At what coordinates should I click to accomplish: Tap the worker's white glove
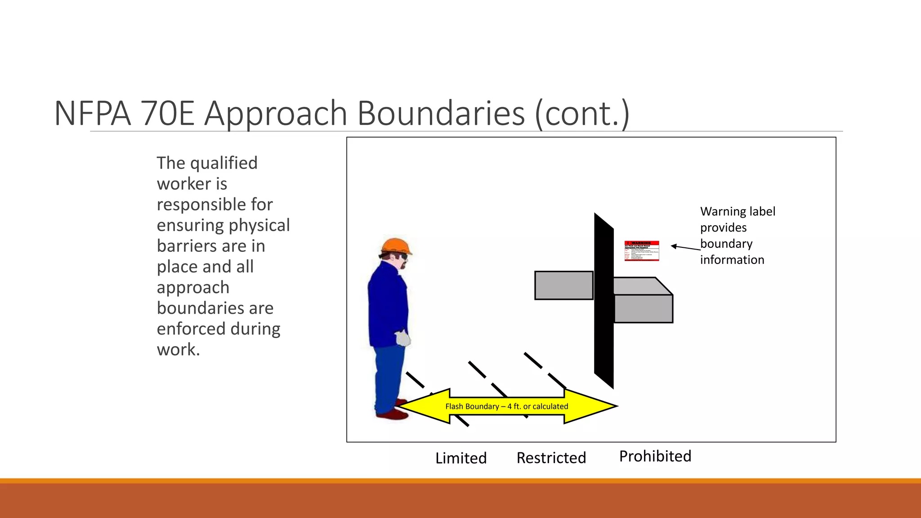(403, 338)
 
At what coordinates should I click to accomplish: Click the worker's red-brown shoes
(392, 413)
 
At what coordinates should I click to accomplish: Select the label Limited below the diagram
(461, 458)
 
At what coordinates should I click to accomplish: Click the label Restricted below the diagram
(551, 458)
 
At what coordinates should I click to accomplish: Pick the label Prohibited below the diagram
(655, 456)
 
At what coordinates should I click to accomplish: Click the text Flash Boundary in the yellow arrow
(472, 406)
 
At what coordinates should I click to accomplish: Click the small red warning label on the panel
(642, 251)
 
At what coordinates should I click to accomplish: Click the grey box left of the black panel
(563, 285)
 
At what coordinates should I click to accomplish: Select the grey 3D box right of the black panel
(643, 306)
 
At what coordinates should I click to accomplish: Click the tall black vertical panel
(604, 301)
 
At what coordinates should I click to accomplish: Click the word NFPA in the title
(93, 113)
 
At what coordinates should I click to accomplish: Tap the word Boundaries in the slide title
(441, 113)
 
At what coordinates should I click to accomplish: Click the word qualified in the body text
(224, 163)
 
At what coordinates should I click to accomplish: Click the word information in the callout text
(732, 260)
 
